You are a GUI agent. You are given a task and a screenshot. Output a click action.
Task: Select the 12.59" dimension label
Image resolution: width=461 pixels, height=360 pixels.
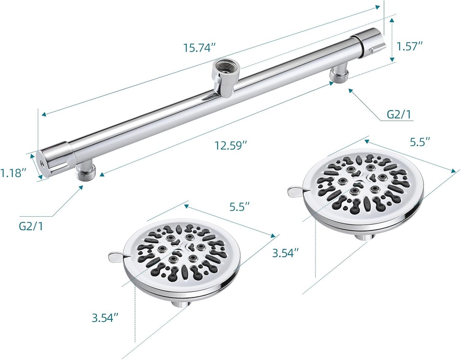[230, 146]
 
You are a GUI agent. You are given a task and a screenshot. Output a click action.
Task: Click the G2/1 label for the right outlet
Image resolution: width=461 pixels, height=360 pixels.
[399, 114]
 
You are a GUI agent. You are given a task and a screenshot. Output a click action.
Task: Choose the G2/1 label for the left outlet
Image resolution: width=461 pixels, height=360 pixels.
[31, 226]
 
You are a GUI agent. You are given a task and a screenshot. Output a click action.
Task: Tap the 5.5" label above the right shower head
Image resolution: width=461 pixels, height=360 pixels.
[420, 142]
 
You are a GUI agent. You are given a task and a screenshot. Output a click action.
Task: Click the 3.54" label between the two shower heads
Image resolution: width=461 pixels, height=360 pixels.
[285, 253]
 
